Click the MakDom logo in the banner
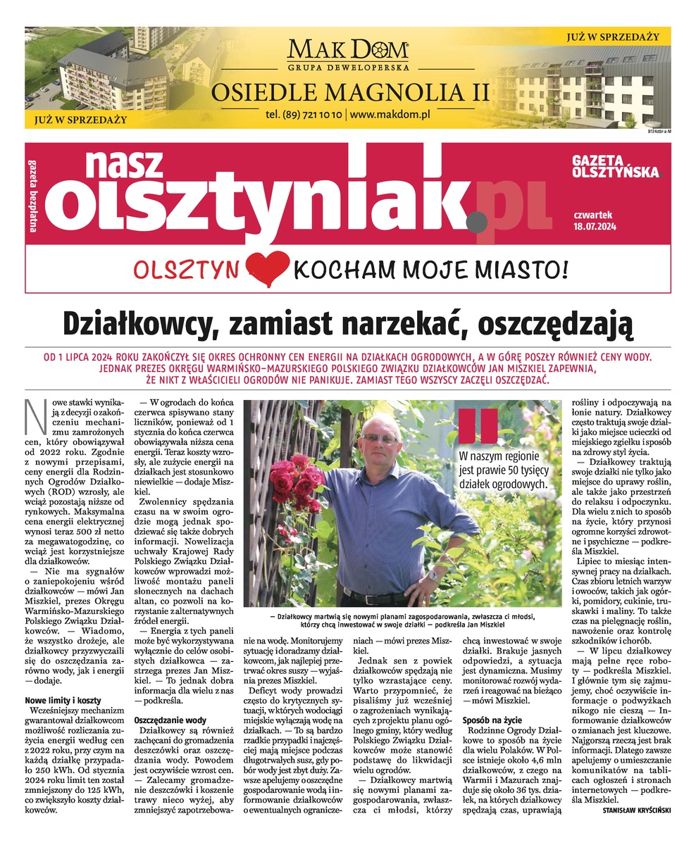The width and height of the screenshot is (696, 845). point(348,51)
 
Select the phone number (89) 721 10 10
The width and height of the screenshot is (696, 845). point(304,113)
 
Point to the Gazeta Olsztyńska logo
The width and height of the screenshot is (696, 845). point(616,166)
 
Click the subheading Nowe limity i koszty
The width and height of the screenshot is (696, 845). point(63,701)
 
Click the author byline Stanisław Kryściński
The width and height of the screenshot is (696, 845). point(636,810)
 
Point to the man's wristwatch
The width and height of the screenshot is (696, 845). point(433,575)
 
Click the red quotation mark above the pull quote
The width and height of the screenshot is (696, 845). point(478,425)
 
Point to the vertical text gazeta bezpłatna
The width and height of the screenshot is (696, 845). point(33,191)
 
